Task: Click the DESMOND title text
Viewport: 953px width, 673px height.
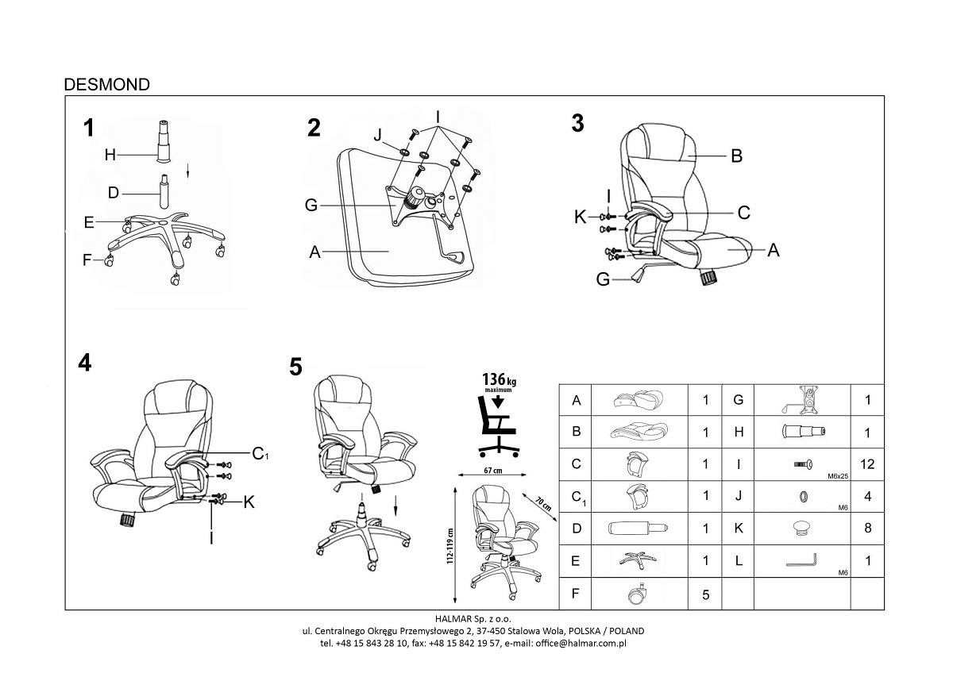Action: click(106, 85)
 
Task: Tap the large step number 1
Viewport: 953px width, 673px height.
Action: click(88, 128)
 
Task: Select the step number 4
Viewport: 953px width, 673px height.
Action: click(85, 363)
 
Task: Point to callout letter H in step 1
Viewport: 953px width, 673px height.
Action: click(110, 155)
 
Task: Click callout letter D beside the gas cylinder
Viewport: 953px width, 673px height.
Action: click(113, 193)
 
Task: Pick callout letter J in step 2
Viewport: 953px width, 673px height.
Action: click(378, 135)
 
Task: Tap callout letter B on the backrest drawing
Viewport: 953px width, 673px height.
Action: click(736, 156)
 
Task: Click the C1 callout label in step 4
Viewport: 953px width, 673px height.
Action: click(260, 454)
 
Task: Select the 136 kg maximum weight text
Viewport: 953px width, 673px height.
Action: click(499, 382)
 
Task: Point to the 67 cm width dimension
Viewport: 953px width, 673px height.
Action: click(492, 471)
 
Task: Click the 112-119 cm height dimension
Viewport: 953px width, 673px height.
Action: click(450, 546)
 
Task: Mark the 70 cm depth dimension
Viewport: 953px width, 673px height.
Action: click(543, 504)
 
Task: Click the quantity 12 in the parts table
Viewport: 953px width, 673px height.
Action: click(867, 463)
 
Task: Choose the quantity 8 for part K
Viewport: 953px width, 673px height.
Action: click(868, 528)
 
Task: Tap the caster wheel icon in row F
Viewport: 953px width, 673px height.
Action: click(638, 594)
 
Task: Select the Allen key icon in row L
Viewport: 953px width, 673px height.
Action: click(801, 560)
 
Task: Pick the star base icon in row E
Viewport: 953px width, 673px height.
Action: click(638, 561)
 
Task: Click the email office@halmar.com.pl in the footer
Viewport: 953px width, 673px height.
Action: click(581, 644)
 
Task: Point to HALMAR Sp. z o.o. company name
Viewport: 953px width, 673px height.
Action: click(473, 618)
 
